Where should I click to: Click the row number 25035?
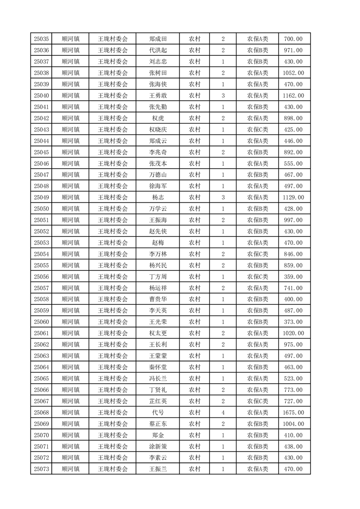tap(41, 39)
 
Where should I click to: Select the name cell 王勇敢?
tap(158, 96)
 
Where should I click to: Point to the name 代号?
tap(158, 413)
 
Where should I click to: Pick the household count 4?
tap(223, 413)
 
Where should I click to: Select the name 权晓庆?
tap(158, 130)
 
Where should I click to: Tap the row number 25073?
tap(41, 469)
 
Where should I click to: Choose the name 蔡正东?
tap(158, 424)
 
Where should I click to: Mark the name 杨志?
tap(158, 197)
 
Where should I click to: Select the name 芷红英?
tap(158, 401)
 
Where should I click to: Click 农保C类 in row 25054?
tap(257, 254)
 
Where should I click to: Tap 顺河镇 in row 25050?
tap(70, 209)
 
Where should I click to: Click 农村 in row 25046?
tap(195, 164)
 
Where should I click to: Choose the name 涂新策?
tap(158, 447)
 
